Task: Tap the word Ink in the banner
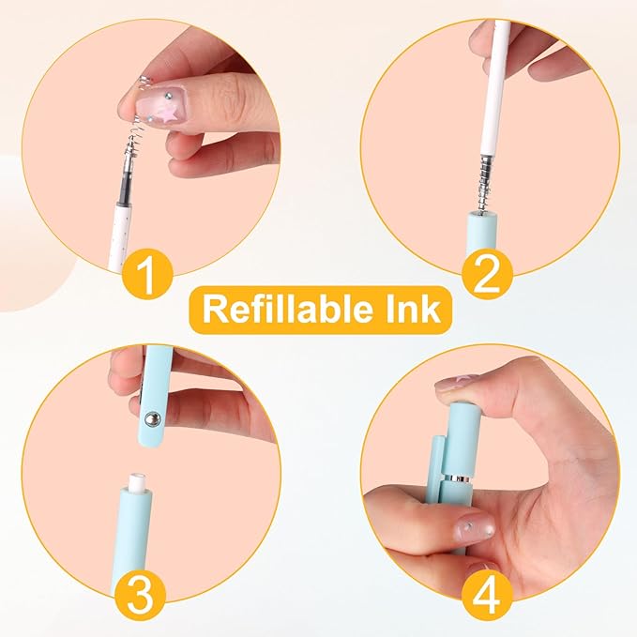[x=405, y=310]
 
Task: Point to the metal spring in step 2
[x=479, y=184]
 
